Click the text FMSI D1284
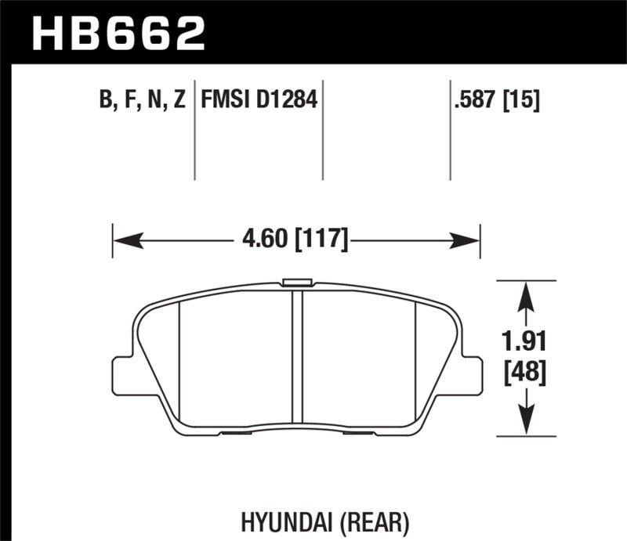click(x=259, y=100)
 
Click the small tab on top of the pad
click(x=297, y=281)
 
